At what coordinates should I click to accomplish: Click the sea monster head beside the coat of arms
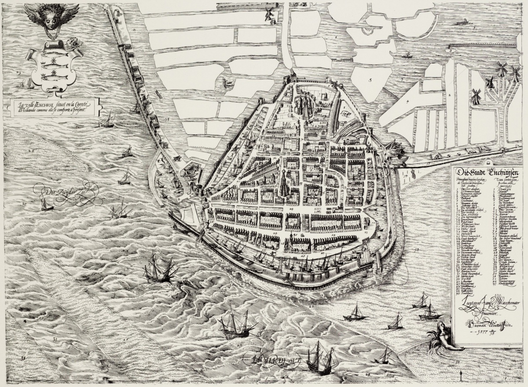[75, 43]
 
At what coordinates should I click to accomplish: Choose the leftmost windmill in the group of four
[475, 97]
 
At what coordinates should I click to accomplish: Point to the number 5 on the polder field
[371, 81]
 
